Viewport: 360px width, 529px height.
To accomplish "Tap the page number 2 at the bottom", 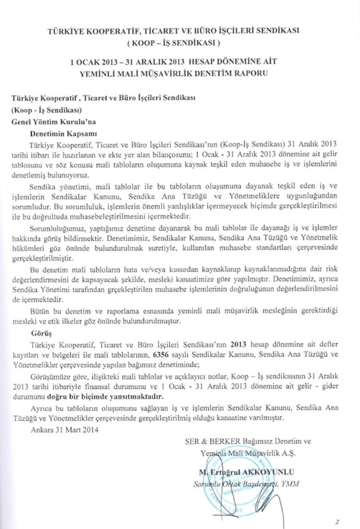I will (337, 521).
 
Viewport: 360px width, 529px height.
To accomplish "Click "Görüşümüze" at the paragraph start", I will (50, 376).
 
